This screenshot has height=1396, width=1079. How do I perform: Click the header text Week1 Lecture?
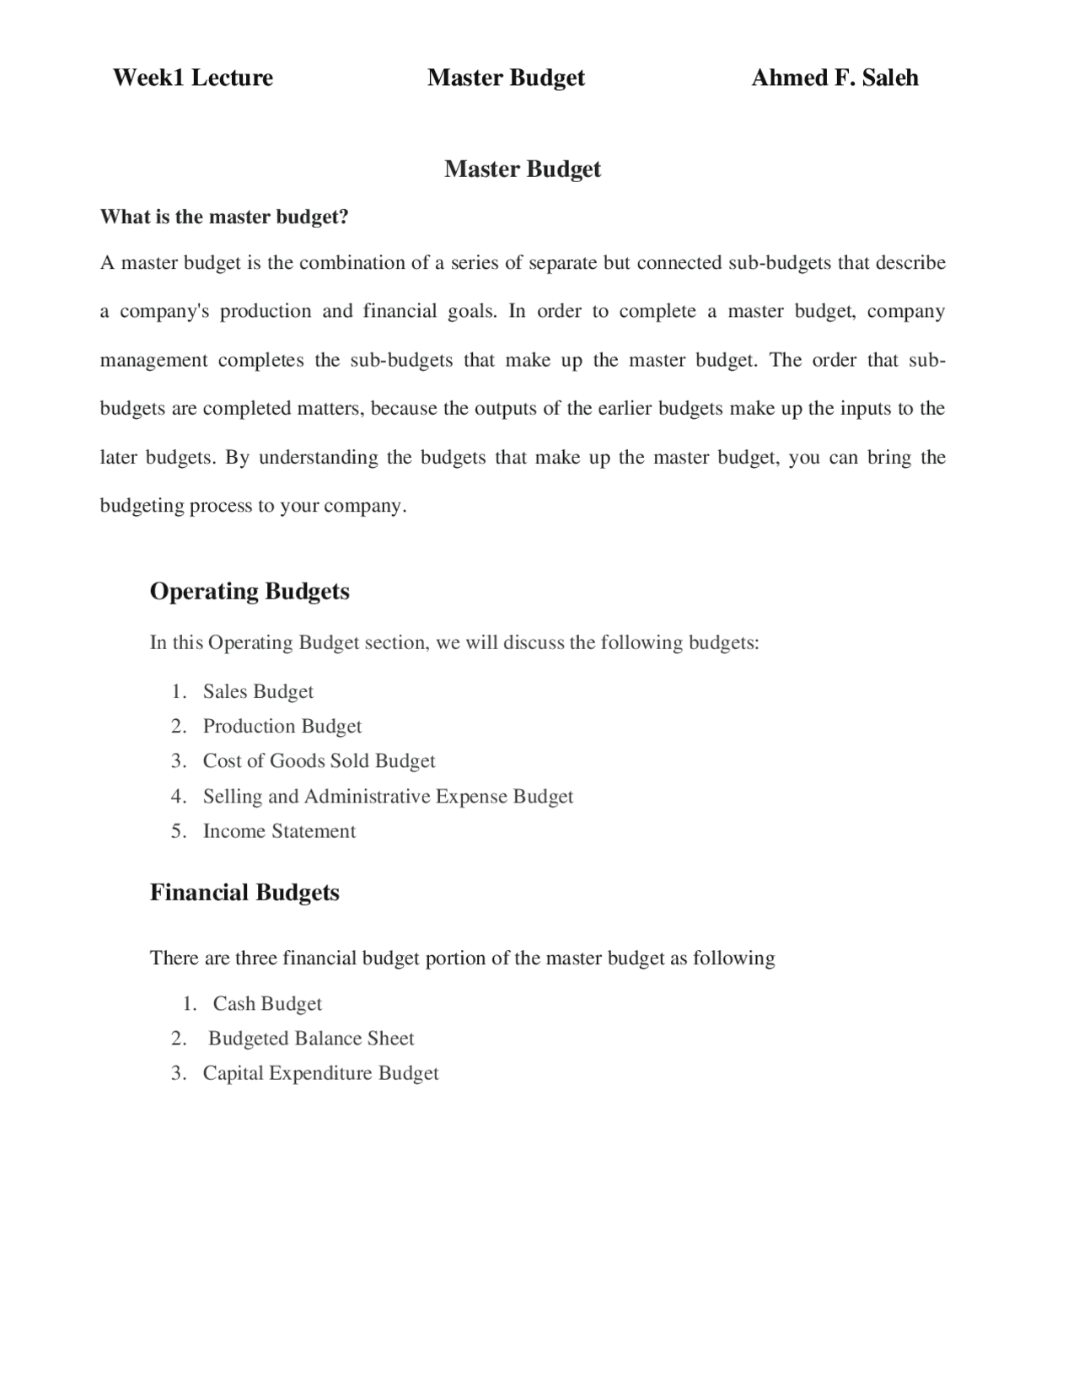(x=192, y=78)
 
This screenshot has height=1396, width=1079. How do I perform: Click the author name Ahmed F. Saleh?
(x=834, y=78)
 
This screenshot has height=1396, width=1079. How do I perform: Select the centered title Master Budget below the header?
(x=522, y=169)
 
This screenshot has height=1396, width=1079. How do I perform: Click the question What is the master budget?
(x=224, y=217)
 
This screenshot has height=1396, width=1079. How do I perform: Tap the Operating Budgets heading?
(x=250, y=591)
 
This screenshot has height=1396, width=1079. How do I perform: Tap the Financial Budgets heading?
(x=244, y=892)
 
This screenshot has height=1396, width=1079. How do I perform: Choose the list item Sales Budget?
(x=258, y=691)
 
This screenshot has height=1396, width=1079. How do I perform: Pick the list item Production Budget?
(x=282, y=726)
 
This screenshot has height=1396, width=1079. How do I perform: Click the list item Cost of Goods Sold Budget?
(x=319, y=760)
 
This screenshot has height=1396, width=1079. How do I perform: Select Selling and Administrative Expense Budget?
(x=388, y=796)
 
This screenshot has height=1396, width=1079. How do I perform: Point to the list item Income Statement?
(x=279, y=830)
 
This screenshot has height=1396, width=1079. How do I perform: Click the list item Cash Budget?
(x=267, y=1003)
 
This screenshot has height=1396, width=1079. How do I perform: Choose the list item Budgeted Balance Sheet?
(x=311, y=1038)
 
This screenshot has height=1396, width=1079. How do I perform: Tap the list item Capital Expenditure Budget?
(x=320, y=1072)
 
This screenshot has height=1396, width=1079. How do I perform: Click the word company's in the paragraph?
(x=164, y=311)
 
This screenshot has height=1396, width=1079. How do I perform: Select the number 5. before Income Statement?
(x=178, y=830)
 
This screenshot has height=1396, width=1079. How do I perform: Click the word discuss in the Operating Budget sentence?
(x=534, y=642)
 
